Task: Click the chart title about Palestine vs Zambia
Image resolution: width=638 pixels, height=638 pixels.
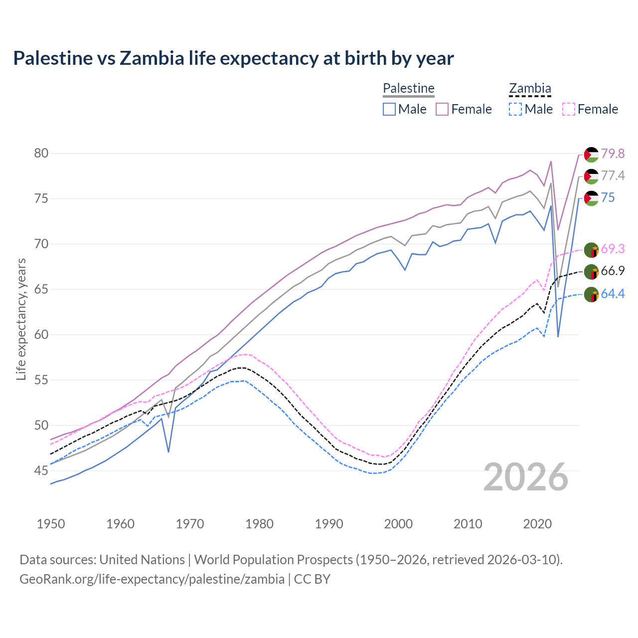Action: click(x=233, y=58)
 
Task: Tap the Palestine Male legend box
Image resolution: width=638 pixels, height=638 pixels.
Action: click(x=389, y=109)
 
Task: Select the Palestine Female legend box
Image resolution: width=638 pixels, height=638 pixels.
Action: click(x=442, y=109)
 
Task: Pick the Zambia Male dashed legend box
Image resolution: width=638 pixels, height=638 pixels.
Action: click(x=515, y=109)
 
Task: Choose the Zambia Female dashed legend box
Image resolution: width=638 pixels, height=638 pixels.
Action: click(x=569, y=109)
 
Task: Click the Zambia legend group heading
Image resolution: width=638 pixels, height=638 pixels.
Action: click(x=530, y=89)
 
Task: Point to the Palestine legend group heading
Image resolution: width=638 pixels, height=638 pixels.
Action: click(x=409, y=89)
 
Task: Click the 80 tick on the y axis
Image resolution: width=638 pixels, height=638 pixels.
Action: click(x=41, y=153)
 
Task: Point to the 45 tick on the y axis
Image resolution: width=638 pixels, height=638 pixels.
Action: click(x=41, y=471)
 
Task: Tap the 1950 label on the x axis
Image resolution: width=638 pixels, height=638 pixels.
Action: click(x=51, y=524)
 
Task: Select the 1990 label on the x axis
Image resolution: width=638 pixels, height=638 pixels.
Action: click(x=329, y=524)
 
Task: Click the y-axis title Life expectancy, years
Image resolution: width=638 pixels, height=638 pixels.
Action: click(x=21, y=319)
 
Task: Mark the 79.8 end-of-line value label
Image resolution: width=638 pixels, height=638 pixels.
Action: click(x=613, y=154)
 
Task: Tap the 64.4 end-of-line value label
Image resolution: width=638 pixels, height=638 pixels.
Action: click(x=613, y=294)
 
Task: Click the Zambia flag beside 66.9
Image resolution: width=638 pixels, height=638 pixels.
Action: click(x=591, y=272)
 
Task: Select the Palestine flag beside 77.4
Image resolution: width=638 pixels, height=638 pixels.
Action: click(x=591, y=176)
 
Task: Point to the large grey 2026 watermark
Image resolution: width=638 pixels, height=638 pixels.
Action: click(x=526, y=477)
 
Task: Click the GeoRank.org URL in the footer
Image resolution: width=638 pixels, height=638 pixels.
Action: click(x=152, y=579)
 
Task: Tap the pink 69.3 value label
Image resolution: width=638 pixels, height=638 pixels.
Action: click(x=613, y=249)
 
